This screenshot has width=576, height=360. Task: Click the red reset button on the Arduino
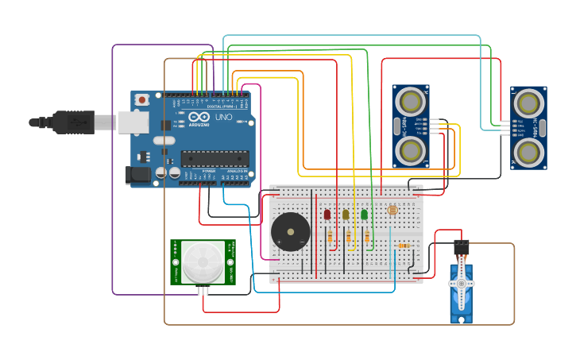141,99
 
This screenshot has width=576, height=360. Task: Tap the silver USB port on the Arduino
133,122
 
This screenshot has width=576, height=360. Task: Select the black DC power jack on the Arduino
139,176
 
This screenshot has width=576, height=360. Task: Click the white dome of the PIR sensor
203,261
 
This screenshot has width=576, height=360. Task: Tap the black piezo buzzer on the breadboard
290,232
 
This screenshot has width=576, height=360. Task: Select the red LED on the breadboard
327,214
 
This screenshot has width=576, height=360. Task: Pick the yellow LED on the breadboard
346,214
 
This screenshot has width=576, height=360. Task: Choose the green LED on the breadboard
365,214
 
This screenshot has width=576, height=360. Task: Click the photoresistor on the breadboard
391,211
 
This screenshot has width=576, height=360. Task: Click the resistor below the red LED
330,237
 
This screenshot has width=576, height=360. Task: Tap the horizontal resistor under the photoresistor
404,246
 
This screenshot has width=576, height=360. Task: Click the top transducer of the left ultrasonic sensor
411,101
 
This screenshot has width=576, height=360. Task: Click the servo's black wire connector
461,247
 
